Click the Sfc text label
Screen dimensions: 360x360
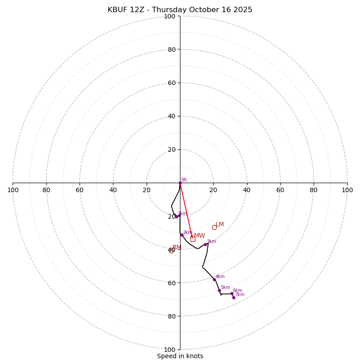tap(184, 180)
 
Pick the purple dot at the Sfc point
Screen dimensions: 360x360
tap(180, 183)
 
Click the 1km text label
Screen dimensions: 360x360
tap(182, 214)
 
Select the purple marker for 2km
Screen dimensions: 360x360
tap(182, 235)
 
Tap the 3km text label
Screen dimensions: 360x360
tap(211, 242)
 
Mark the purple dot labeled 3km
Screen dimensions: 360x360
tap(205, 244)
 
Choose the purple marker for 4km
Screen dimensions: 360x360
tap(214, 279)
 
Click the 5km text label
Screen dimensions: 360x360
tap(225, 288)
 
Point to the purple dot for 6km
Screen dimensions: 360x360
tap(232, 294)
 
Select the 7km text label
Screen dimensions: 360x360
tap(240, 295)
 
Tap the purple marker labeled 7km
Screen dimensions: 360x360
tap(234, 297)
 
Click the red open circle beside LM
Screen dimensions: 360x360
tap(214, 227)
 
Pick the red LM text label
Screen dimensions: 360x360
tap(220, 225)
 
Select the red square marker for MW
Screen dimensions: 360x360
tap(193, 239)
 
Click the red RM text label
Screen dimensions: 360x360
tap(177, 247)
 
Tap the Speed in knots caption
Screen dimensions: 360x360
tap(180, 356)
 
